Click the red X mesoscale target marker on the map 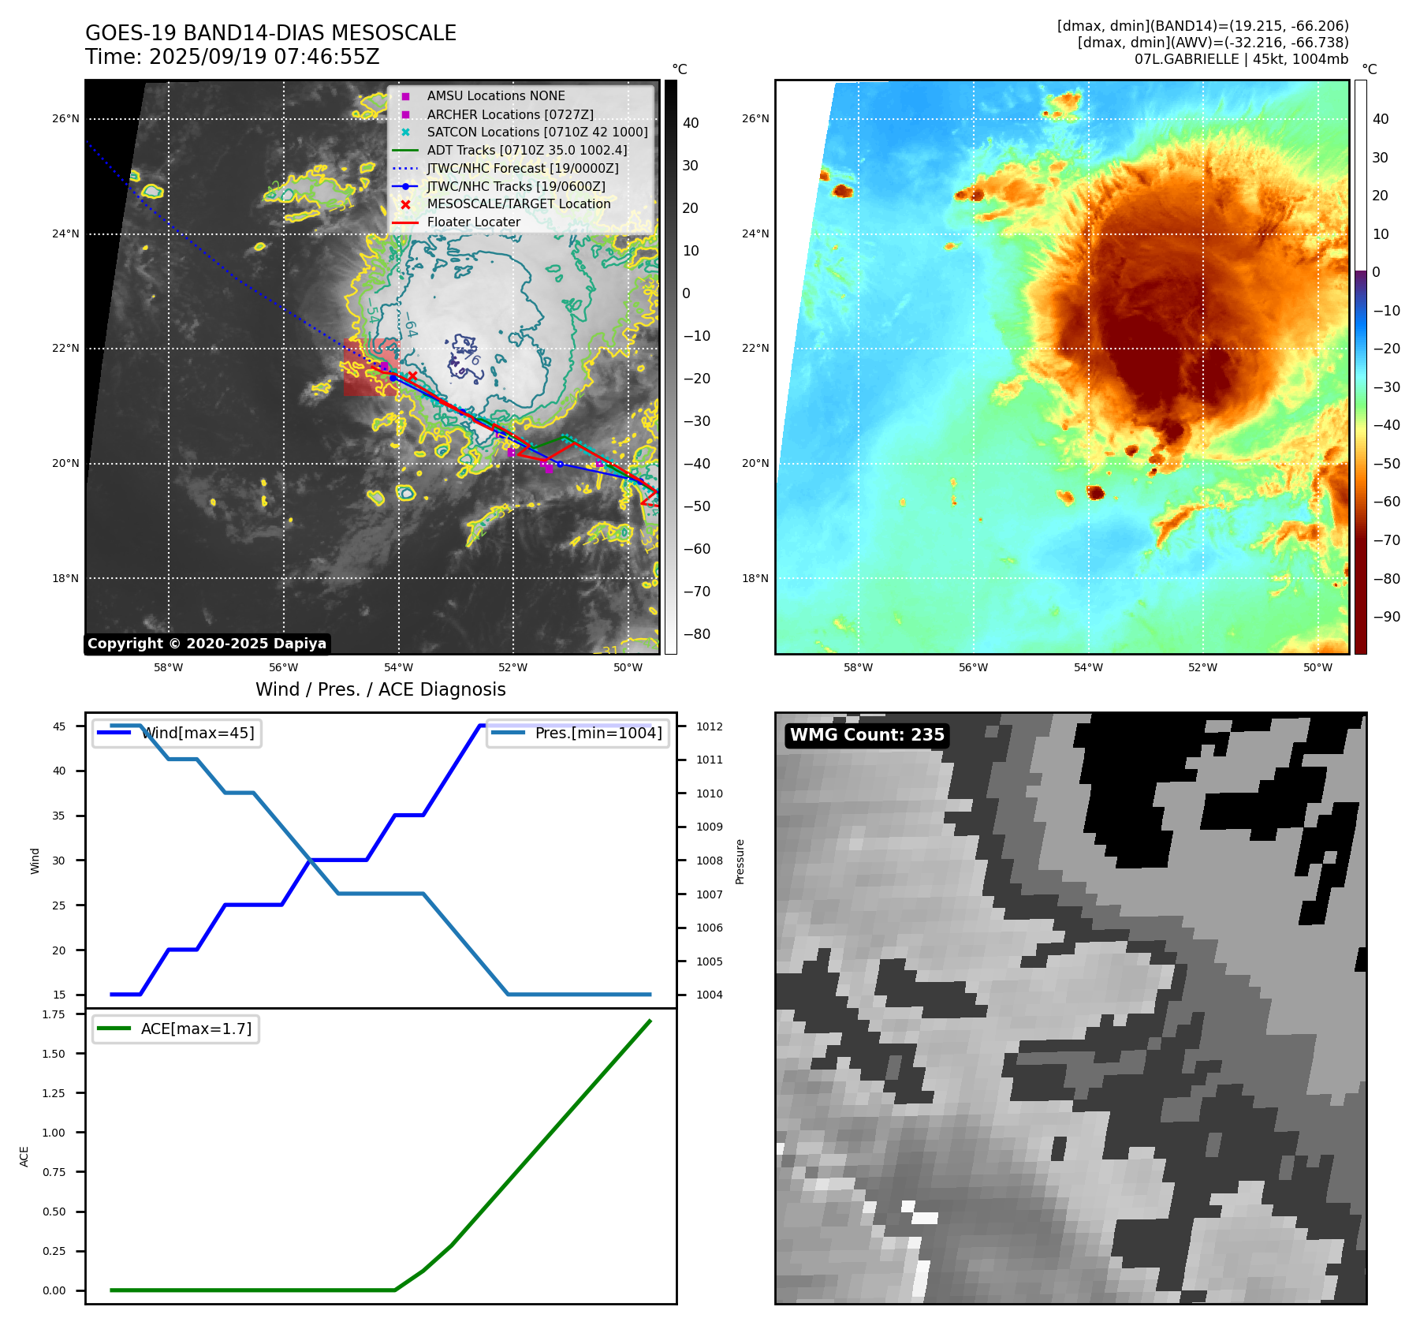click(x=412, y=376)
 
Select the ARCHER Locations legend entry click(x=509, y=114)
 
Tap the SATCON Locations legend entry click(x=536, y=133)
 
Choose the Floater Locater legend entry click(x=473, y=222)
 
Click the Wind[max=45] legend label click(x=197, y=734)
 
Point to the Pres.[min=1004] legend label click(x=598, y=734)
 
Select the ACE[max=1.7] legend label click(x=196, y=1029)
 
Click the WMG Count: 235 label click(x=867, y=735)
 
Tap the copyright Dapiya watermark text click(x=207, y=644)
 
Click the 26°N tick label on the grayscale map click(x=66, y=119)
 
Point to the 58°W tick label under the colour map click(x=858, y=668)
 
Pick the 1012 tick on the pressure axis click(x=709, y=726)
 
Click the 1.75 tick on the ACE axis click(x=54, y=1015)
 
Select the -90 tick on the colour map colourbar click(x=1386, y=617)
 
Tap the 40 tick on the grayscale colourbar click(x=691, y=123)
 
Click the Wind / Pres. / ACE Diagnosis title click(x=380, y=690)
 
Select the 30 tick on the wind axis click(x=59, y=861)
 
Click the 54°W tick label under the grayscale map click(x=398, y=668)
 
